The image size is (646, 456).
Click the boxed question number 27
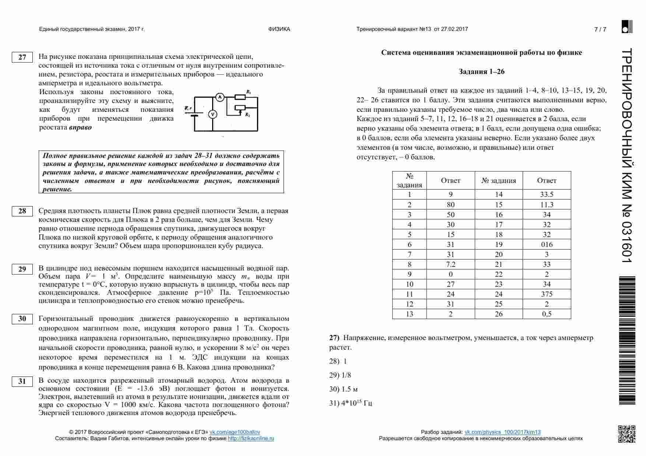tap(22, 57)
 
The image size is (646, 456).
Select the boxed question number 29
tap(22, 269)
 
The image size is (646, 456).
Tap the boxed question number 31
tap(22, 381)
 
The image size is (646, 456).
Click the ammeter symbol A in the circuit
tap(220, 97)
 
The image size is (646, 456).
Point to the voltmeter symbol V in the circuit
tap(213, 114)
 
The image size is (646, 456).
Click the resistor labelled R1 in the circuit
tap(241, 97)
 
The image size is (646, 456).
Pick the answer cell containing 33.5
tap(547, 194)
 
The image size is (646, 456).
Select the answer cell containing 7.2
tap(450, 264)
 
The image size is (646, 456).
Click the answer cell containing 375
tap(547, 294)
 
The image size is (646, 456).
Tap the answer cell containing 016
tap(547, 244)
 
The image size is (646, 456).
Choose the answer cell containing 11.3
tap(547, 205)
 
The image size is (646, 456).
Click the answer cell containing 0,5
tap(547, 314)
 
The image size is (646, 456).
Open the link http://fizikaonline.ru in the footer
tap(251, 438)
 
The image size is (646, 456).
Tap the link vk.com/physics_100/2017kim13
tap(502, 432)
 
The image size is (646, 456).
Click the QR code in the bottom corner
tap(626, 434)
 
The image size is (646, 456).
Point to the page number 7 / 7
tap(600, 29)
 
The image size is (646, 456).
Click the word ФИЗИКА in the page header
tap(279, 29)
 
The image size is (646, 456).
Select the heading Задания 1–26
tap(481, 71)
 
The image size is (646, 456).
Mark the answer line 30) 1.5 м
tap(343, 389)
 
